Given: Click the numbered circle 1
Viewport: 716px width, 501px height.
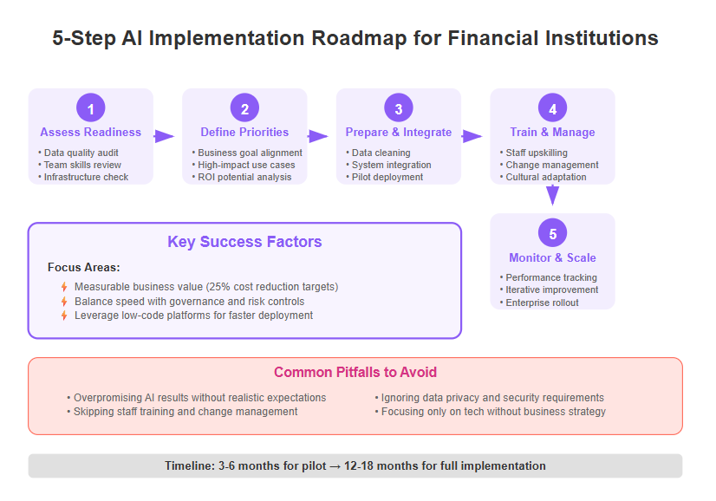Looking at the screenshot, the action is coord(91,107).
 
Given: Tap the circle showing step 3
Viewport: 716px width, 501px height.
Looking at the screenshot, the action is coord(399,107).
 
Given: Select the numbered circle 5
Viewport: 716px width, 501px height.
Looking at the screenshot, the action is coord(552,233).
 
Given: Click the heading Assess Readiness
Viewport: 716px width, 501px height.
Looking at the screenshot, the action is coord(91,132).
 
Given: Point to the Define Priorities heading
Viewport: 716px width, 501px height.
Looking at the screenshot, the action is coord(244,132).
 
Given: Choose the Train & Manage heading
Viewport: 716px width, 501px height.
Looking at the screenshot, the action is coord(552,132).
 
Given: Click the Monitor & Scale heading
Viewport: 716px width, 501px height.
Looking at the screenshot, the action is coord(552,257).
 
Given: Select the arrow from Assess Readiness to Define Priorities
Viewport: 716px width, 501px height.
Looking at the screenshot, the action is coord(165,136).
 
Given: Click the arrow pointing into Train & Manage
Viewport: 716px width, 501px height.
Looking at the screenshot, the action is coord(472,136).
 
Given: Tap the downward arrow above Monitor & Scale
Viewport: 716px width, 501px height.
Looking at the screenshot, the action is coord(552,195).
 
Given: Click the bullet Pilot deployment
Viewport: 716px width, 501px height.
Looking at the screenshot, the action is coord(385,177).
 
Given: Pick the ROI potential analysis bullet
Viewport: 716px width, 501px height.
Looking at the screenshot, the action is coord(242,177).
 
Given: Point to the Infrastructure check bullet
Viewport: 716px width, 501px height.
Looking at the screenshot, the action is coord(83,177).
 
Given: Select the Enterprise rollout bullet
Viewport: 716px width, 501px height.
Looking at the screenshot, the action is coord(539,303).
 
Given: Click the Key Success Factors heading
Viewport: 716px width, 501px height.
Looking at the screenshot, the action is coord(244,242).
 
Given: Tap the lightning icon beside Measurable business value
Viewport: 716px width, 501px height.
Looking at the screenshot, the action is coord(64,287).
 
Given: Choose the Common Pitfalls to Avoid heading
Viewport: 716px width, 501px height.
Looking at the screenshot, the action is coord(355,372).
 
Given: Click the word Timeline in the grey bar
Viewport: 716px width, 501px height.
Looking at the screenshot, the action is coord(190,465).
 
